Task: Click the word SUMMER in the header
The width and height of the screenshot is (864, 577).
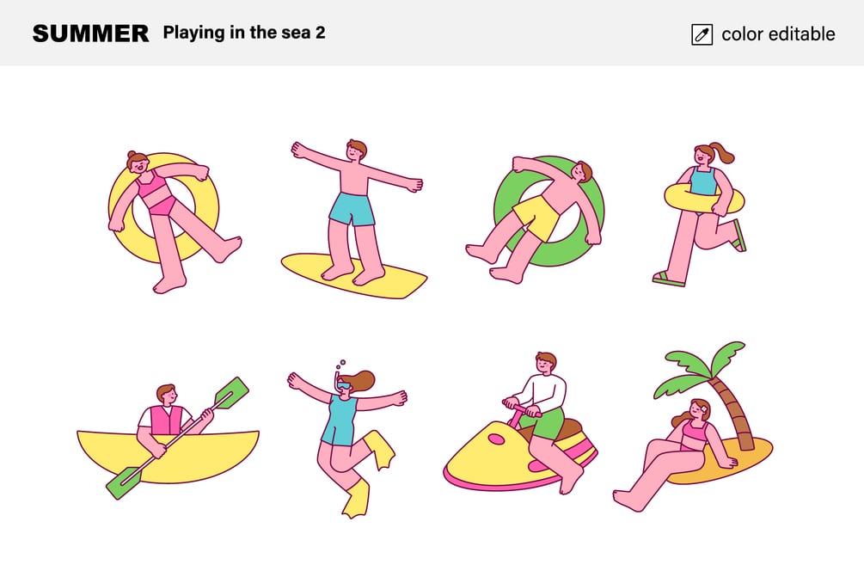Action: click(90, 34)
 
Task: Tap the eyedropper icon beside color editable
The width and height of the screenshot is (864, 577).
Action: click(702, 34)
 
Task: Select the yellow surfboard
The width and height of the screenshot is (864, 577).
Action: click(354, 275)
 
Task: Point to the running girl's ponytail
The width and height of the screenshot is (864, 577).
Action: click(723, 152)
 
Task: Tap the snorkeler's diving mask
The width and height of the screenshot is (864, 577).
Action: click(345, 385)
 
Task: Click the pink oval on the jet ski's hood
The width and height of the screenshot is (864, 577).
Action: click(496, 439)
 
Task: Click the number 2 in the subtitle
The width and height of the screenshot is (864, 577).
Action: click(320, 33)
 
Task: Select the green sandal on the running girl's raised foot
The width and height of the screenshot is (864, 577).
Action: click(739, 236)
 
